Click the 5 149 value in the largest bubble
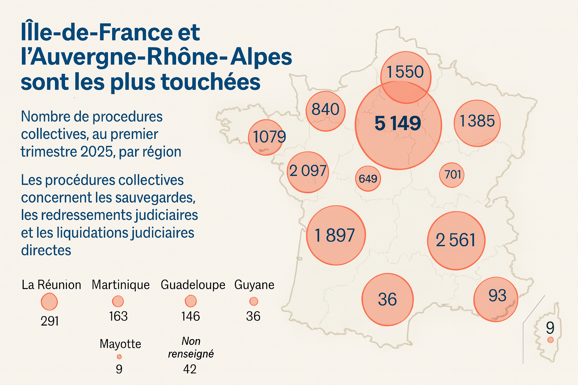coord(398,123)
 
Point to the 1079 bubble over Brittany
coord(266,137)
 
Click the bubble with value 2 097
coord(308,171)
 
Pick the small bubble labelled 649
coord(368,178)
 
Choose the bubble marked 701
coord(452,174)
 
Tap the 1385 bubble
coord(477,123)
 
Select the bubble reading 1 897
coord(335,235)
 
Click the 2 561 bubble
coord(456,240)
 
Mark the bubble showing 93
coord(496,299)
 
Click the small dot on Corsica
coord(550,340)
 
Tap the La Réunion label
coord(51,285)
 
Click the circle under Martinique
coord(118,301)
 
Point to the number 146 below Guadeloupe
coord(190,316)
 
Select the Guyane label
coord(254,285)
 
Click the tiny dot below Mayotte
coord(119,356)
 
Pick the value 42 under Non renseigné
coord(190,369)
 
